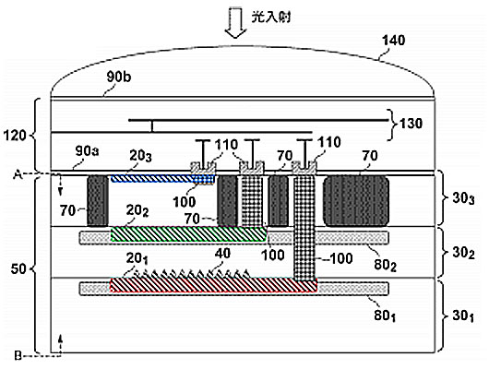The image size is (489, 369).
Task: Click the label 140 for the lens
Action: point(394,41)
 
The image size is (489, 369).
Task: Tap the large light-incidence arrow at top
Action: point(236,22)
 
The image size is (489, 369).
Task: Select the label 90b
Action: point(118,77)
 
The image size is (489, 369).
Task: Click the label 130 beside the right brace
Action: point(411,124)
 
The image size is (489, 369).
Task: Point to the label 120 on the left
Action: point(15,136)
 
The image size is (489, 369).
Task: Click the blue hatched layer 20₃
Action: point(162,179)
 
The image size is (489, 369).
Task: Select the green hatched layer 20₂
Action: point(188,234)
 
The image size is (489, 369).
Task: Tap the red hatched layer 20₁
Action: point(214,285)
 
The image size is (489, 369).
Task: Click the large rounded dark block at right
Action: point(356,200)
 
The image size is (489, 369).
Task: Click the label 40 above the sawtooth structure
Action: point(222,254)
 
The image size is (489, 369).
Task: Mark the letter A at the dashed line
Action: point(18,175)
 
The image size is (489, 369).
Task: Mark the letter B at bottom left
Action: point(18,356)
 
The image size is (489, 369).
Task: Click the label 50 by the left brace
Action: point(18,268)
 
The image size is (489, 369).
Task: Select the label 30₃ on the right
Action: point(463,198)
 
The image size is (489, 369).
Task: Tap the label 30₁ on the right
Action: point(463,316)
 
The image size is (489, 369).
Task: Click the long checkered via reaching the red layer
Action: point(304,229)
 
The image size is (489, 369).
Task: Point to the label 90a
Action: point(87,151)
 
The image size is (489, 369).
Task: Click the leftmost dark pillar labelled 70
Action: point(98,200)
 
